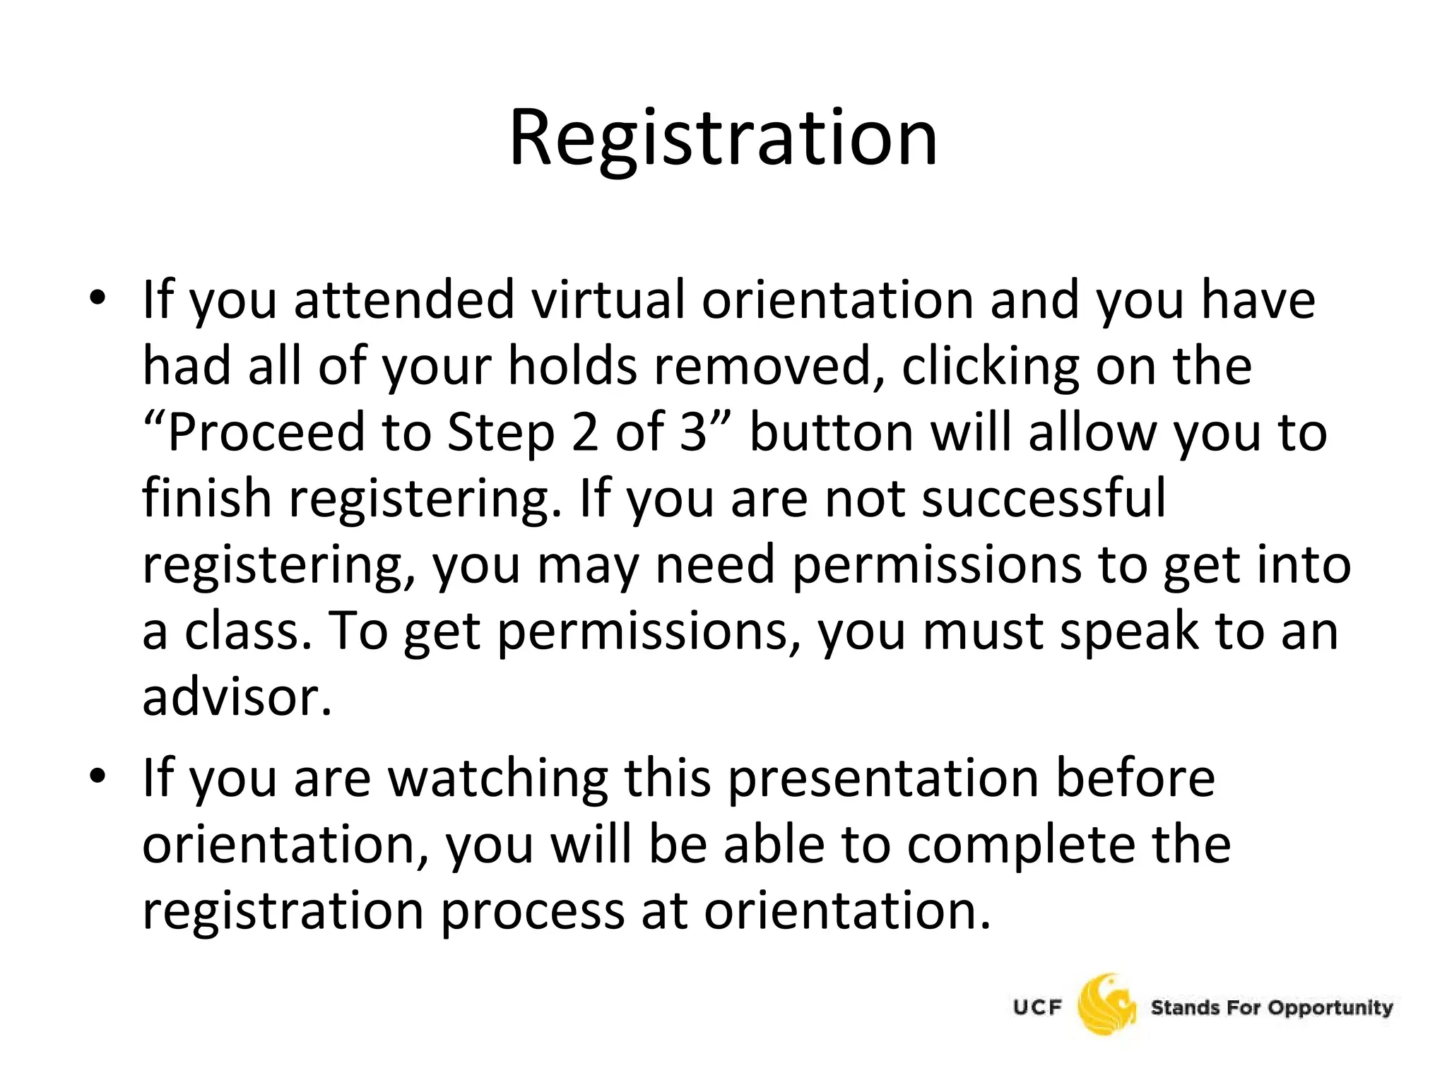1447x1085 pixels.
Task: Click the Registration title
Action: coord(723,138)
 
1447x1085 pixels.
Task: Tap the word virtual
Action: coord(608,300)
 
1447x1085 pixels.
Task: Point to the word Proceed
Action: coord(266,432)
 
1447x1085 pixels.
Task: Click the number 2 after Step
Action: coord(585,432)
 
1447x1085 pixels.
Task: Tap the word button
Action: coord(831,432)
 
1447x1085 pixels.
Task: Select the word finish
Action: coord(207,498)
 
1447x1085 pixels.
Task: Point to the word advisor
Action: coord(237,697)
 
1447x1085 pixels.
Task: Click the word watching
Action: coord(498,778)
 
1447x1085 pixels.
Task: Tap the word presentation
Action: coord(883,778)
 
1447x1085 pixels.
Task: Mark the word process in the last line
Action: coord(533,911)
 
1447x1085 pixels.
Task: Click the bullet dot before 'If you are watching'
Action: coord(98,776)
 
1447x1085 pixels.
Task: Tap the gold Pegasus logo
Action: coord(1106,1006)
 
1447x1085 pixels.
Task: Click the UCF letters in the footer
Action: coord(1038,1007)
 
